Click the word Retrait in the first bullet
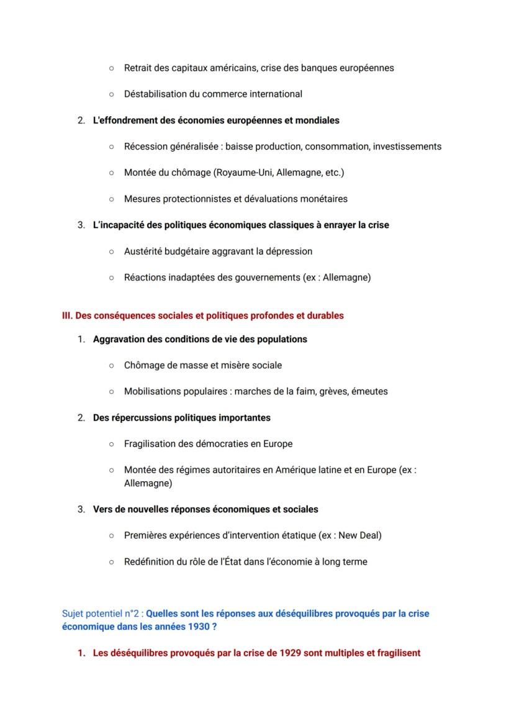(138, 68)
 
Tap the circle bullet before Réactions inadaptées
(111, 278)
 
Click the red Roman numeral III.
(67, 315)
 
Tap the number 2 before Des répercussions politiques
(81, 418)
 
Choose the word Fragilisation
(151, 444)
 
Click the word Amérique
(284, 470)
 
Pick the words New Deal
(360, 535)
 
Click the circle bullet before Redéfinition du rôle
(111, 562)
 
